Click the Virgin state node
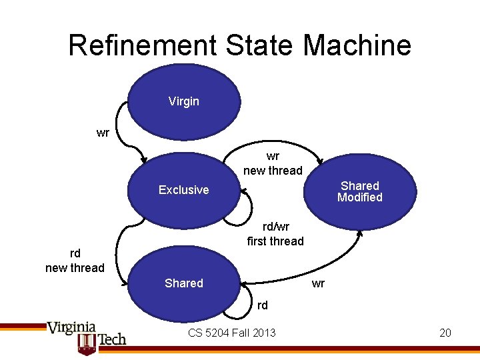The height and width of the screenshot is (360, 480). (x=183, y=101)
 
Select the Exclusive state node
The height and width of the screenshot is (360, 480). (x=183, y=190)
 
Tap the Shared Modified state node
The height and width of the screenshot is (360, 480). (x=359, y=191)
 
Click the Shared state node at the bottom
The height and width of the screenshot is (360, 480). (x=183, y=283)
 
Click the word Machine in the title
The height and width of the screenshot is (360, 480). (x=357, y=45)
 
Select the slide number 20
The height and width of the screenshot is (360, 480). (x=445, y=332)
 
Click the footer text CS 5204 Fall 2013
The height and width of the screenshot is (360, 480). (x=231, y=332)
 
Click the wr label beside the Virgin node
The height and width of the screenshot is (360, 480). (x=103, y=133)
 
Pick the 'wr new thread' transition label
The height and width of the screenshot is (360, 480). (x=273, y=163)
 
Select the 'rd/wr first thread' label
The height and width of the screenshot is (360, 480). (x=275, y=233)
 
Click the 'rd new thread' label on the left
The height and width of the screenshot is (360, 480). (x=75, y=261)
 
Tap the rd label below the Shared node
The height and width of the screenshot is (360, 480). (x=263, y=305)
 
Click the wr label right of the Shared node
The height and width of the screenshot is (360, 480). (x=319, y=283)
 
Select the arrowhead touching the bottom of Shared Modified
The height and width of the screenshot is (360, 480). (x=361, y=233)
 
